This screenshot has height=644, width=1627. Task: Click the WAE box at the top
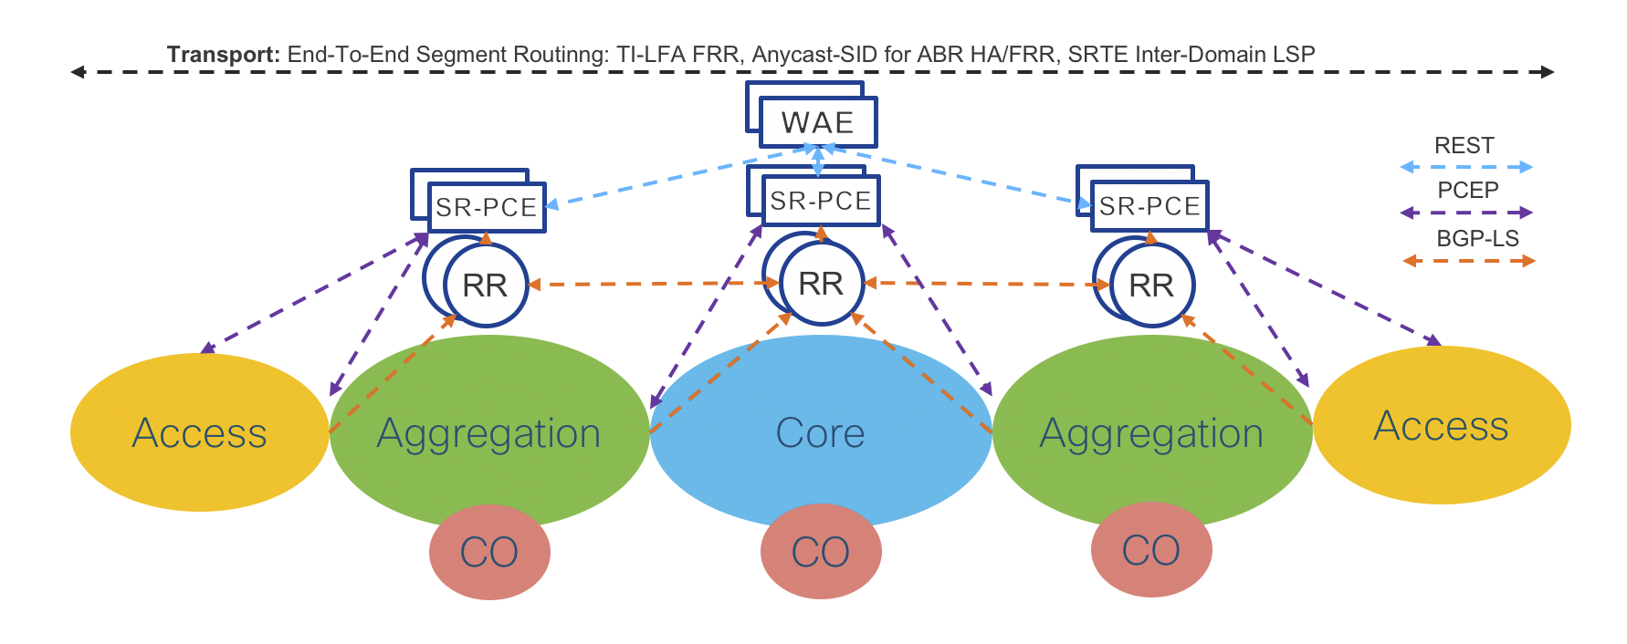tap(817, 122)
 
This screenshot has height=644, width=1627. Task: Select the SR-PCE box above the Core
tap(820, 201)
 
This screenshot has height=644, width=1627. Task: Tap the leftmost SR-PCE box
tap(486, 208)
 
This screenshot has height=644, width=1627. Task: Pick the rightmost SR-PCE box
tap(1149, 207)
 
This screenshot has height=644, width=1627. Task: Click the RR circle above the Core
tap(821, 284)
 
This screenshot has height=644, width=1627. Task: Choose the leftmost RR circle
tap(485, 286)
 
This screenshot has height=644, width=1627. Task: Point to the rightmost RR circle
tap(1150, 286)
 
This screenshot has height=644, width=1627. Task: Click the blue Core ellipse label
tap(820, 432)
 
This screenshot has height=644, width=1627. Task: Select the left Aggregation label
tap(488, 433)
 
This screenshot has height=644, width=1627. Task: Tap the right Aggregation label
tap(1151, 433)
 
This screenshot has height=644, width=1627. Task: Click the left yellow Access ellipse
tap(199, 432)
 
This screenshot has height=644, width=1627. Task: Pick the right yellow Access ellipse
tap(1441, 426)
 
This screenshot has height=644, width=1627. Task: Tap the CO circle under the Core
tap(820, 552)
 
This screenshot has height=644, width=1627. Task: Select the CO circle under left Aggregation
tap(489, 552)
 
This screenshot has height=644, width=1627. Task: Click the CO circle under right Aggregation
tap(1150, 550)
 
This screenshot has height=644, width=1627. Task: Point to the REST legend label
tap(1464, 146)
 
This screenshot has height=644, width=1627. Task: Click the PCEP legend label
tap(1467, 191)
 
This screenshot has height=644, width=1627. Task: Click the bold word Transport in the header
tap(223, 54)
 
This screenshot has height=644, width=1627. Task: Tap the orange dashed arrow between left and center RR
tap(653, 284)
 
